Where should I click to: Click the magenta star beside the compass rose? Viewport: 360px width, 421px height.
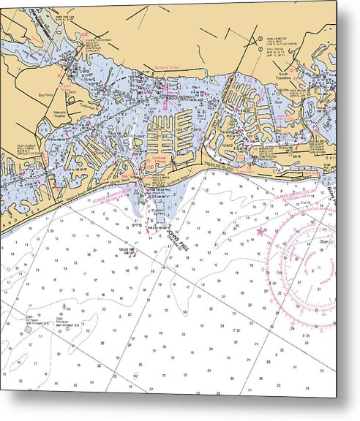(x=261, y=232)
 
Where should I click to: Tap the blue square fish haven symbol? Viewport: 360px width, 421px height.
(x=29, y=330)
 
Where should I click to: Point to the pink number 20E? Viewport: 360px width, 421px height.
(x=85, y=34)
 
